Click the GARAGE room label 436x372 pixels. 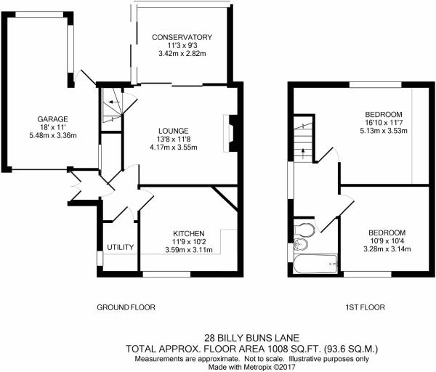[52, 119]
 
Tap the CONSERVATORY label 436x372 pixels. [182, 37]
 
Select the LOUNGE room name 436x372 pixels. [174, 131]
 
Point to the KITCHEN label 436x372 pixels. [189, 233]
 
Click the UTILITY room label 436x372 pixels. [121, 247]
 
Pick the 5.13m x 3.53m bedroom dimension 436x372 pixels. [384, 131]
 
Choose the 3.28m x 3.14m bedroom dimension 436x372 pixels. [387, 249]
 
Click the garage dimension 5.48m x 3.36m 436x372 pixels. [53, 136]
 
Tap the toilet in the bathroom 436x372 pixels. [304, 230]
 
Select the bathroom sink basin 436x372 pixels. [301, 245]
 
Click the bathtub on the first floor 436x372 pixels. [315, 264]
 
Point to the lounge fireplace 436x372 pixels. [230, 134]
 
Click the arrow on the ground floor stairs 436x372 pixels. [114, 102]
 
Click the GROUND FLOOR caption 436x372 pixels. [126, 307]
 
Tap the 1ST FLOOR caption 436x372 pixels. [365, 307]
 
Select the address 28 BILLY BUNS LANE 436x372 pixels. [252, 338]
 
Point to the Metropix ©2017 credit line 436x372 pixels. [252, 367]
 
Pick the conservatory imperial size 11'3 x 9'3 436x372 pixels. [182, 45]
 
